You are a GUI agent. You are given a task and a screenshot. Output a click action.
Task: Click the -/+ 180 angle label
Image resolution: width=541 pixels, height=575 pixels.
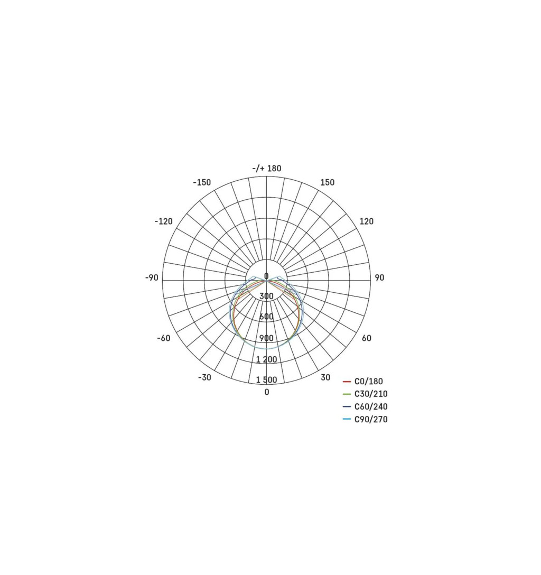coord(267,168)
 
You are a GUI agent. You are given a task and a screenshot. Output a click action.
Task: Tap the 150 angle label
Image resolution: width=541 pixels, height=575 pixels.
coord(328,182)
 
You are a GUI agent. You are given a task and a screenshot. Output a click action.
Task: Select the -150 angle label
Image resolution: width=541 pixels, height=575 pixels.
coord(202,182)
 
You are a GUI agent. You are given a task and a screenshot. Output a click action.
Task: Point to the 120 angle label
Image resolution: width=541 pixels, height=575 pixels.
coord(367,221)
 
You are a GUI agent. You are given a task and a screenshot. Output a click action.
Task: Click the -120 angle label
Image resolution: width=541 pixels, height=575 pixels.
coord(163,221)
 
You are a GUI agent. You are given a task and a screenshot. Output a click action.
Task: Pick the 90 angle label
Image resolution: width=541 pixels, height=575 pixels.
coord(379,277)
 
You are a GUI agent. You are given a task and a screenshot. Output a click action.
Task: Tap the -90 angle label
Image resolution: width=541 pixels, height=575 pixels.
coord(152,277)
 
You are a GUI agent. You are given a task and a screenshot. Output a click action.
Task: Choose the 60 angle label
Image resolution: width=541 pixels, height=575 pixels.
coord(367,338)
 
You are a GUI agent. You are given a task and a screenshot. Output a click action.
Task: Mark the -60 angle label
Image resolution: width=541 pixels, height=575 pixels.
coord(164,338)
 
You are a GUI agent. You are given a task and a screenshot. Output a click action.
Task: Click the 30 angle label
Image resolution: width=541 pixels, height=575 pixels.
coord(325,377)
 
